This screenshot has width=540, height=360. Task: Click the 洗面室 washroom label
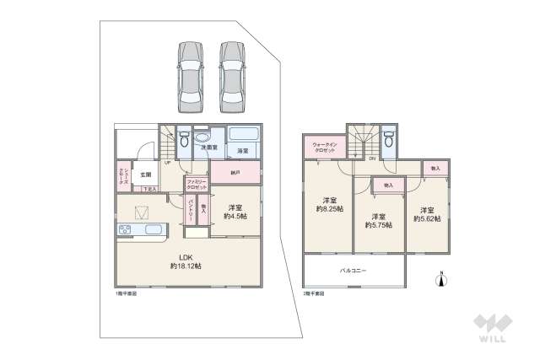pos(208,148)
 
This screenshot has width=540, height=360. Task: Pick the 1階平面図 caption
pos(125,294)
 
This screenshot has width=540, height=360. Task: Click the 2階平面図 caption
pos(313,294)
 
